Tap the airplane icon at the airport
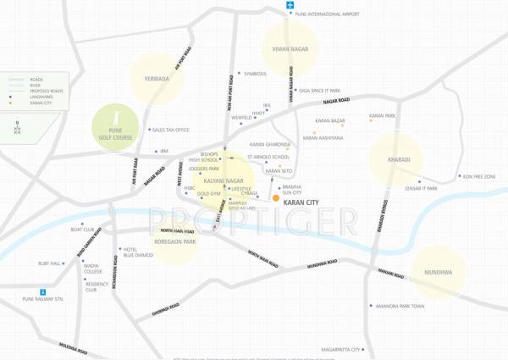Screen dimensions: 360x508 click(290, 6)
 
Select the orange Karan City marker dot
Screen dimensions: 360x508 click(276, 198)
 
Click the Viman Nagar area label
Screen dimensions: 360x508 click(290, 50)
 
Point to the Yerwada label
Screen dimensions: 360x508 click(157, 79)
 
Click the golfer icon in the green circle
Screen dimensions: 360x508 click(116, 115)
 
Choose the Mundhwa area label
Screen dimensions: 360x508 click(438, 273)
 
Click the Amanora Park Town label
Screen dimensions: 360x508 click(400, 305)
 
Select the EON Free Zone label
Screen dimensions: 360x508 click(479, 177)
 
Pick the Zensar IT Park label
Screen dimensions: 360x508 click(420, 188)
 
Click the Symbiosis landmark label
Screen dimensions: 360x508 click(255, 74)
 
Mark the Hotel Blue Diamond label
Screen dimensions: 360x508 click(138, 252)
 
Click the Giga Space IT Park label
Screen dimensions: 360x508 click(319, 91)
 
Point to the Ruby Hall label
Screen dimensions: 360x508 click(50, 263)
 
